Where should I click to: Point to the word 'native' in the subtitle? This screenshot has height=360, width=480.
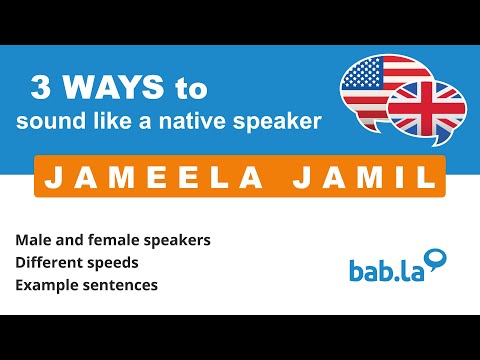(x=212, y=122)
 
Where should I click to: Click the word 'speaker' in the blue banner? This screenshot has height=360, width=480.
(x=285, y=123)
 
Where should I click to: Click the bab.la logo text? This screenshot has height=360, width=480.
(x=383, y=269)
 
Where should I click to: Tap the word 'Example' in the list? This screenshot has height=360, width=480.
(x=41, y=285)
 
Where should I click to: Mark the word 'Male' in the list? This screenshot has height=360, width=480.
(x=30, y=241)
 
